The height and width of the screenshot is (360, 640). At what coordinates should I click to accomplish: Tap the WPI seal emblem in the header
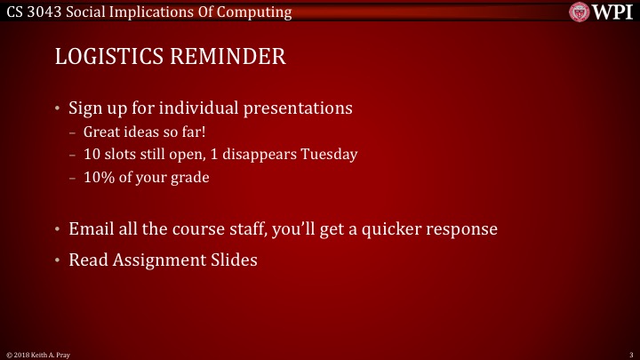coord(580,12)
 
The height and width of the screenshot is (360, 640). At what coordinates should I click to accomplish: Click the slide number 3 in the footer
coord(629,354)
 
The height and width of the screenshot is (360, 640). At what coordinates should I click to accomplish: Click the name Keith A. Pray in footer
coord(46,354)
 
